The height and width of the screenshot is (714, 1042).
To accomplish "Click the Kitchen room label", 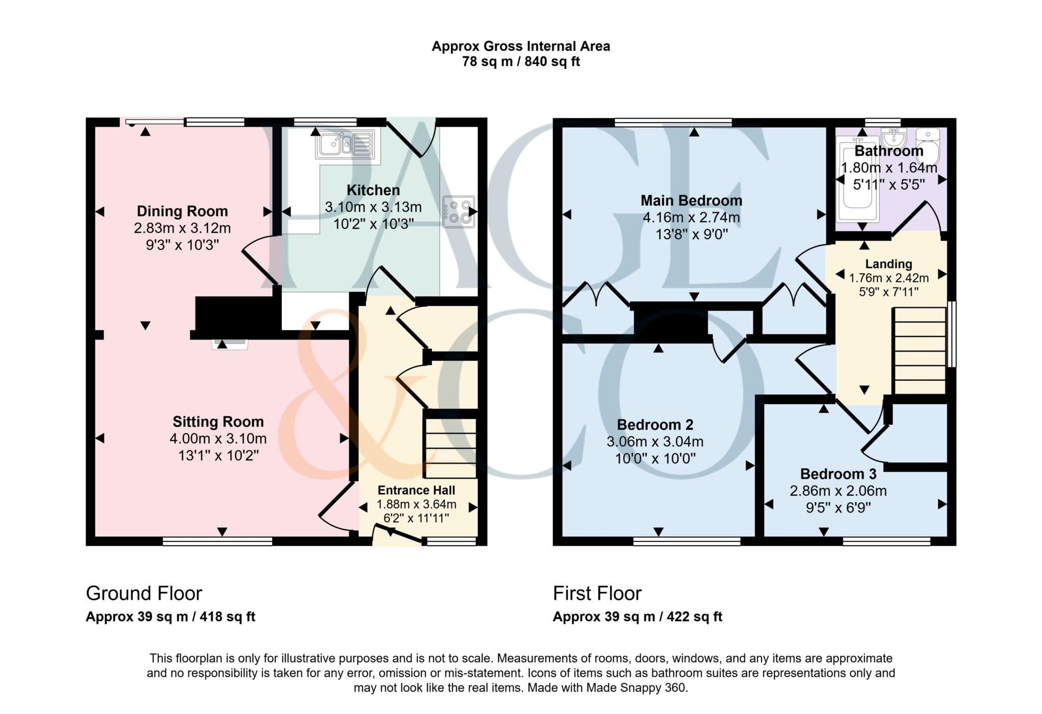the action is pyautogui.click(x=373, y=190).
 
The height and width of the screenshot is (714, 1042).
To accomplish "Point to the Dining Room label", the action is pyautogui.click(x=182, y=211).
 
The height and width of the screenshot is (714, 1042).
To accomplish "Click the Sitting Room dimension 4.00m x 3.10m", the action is pyautogui.click(x=218, y=438).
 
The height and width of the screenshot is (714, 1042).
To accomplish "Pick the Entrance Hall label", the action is pyautogui.click(x=416, y=490).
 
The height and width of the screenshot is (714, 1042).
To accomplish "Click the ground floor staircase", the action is pyautogui.click(x=450, y=448).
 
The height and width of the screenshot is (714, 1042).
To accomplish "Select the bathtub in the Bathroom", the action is pyautogui.click(x=858, y=179).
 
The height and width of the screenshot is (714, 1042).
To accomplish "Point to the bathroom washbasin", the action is pyautogui.click(x=893, y=137).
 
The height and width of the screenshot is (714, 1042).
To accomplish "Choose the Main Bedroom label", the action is pyautogui.click(x=691, y=201).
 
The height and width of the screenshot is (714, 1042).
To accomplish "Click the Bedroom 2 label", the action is pyautogui.click(x=655, y=424).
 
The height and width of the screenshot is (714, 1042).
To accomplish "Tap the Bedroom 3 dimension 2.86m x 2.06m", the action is pyautogui.click(x=838, y=491).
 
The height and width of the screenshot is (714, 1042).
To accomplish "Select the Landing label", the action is pyautogui.click(x=889, y=264).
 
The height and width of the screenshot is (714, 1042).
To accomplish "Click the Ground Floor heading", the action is pyautogui.click(x=144, y=593).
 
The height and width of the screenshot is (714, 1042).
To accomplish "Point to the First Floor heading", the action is pyautogui.click(x=597, y=593).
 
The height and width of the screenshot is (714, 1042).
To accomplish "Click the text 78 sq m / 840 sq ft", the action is pyautogui.click(x=521, y=62).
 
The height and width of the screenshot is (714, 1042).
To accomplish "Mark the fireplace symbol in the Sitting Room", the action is pyautogui.click(x=230, y=344).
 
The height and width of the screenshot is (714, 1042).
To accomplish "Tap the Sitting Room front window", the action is pyautogui.click(x=217, y=541).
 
